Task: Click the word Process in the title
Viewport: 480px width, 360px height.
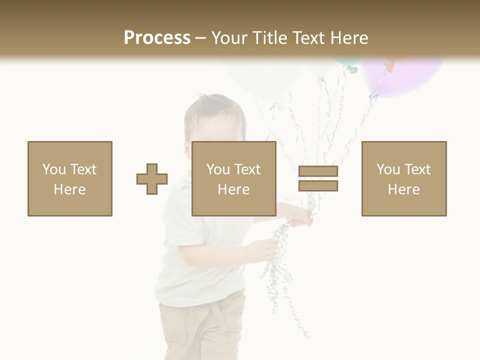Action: pyautogui.click(x=157, y=38)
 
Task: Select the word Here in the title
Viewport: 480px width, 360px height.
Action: pyautogui.click(x=348, y=38)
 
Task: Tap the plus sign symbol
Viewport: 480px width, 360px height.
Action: pyautogui.click(x=152, y=178)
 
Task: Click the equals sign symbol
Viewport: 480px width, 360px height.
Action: pyautogui.click(x=318, y=178)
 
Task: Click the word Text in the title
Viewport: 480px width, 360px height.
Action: pyautogui.click(x=308, y=38)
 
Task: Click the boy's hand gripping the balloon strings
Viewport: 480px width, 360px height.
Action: pyautogui.click(x=300, y=216)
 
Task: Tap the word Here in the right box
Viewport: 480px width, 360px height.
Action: pyautogui.click(x=404, y=189)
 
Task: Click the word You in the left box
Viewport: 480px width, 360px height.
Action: pyautogui.click(x=53, y=169)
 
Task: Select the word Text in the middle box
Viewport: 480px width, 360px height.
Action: pyautogui.click(x=248, y=169)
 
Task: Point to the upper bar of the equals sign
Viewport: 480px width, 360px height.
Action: pyautogui.click(x=318, y=171)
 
